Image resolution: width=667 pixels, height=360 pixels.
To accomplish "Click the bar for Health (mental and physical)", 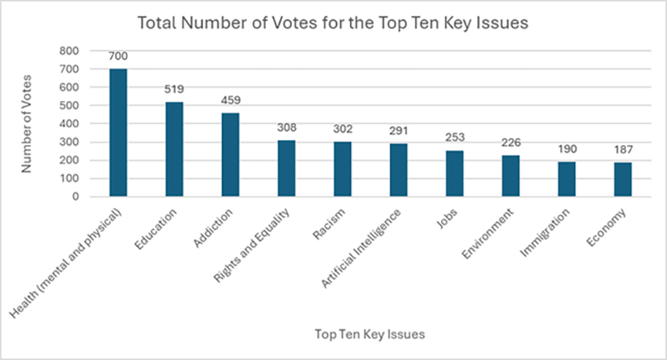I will (118, 133).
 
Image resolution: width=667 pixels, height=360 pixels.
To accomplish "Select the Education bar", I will (174, 149).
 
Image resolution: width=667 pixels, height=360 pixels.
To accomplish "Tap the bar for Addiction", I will (230, 155).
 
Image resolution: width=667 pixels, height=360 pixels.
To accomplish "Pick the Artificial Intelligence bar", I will (398, 170).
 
